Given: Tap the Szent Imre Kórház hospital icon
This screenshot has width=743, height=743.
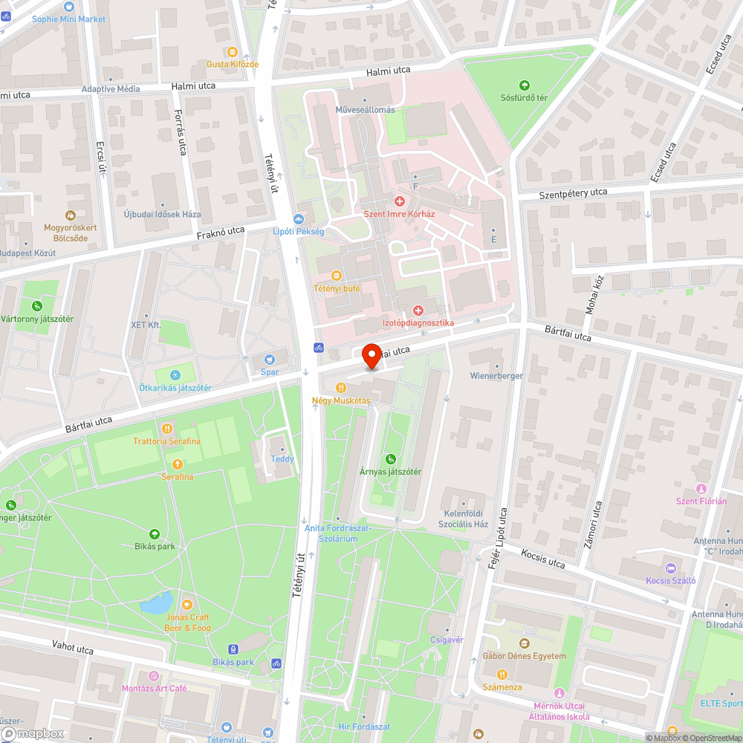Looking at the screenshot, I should (x=399, y=201).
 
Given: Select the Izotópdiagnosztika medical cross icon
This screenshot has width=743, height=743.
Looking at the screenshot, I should (x=418, y=310).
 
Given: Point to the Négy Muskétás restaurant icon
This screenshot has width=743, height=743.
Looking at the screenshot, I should (x=340, y=388).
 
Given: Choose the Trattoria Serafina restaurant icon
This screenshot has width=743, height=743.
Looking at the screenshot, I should (x=167, y=429).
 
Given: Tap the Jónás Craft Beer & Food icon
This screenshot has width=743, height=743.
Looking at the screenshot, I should (x=187, y=605).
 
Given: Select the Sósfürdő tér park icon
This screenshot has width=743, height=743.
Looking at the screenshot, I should (x=525, y=85).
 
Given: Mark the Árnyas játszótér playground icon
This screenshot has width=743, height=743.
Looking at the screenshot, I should (x=391, y=459).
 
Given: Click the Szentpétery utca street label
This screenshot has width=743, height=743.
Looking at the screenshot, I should (x=573, y=193).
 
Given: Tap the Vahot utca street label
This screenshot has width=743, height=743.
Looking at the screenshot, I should (x=73, y=648).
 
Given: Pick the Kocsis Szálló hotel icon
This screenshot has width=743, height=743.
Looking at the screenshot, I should (x=671, y=568).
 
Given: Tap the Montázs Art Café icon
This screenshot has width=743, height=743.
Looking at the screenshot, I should (x=154, y=675).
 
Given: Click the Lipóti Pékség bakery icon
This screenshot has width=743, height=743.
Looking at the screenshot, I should (x=299, y=219).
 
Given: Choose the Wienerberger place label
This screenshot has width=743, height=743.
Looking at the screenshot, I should (x=496, y=376).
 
